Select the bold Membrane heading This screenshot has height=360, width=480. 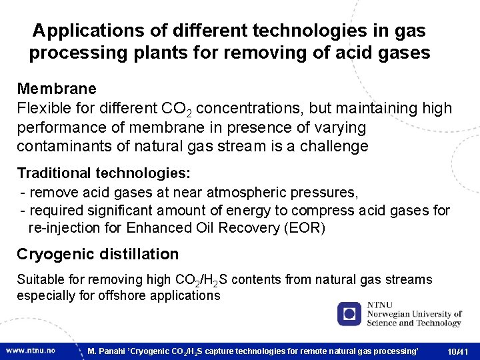tap(57, 89)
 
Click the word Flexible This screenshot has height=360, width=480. tap(43, 108)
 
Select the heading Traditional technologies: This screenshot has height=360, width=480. tap(104, 173)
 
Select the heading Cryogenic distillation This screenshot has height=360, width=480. tap(98, 254)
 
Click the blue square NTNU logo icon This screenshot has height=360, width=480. tap(349, 313)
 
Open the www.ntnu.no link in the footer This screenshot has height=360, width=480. tap(31, 350)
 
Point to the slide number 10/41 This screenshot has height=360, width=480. tap(458, 351)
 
